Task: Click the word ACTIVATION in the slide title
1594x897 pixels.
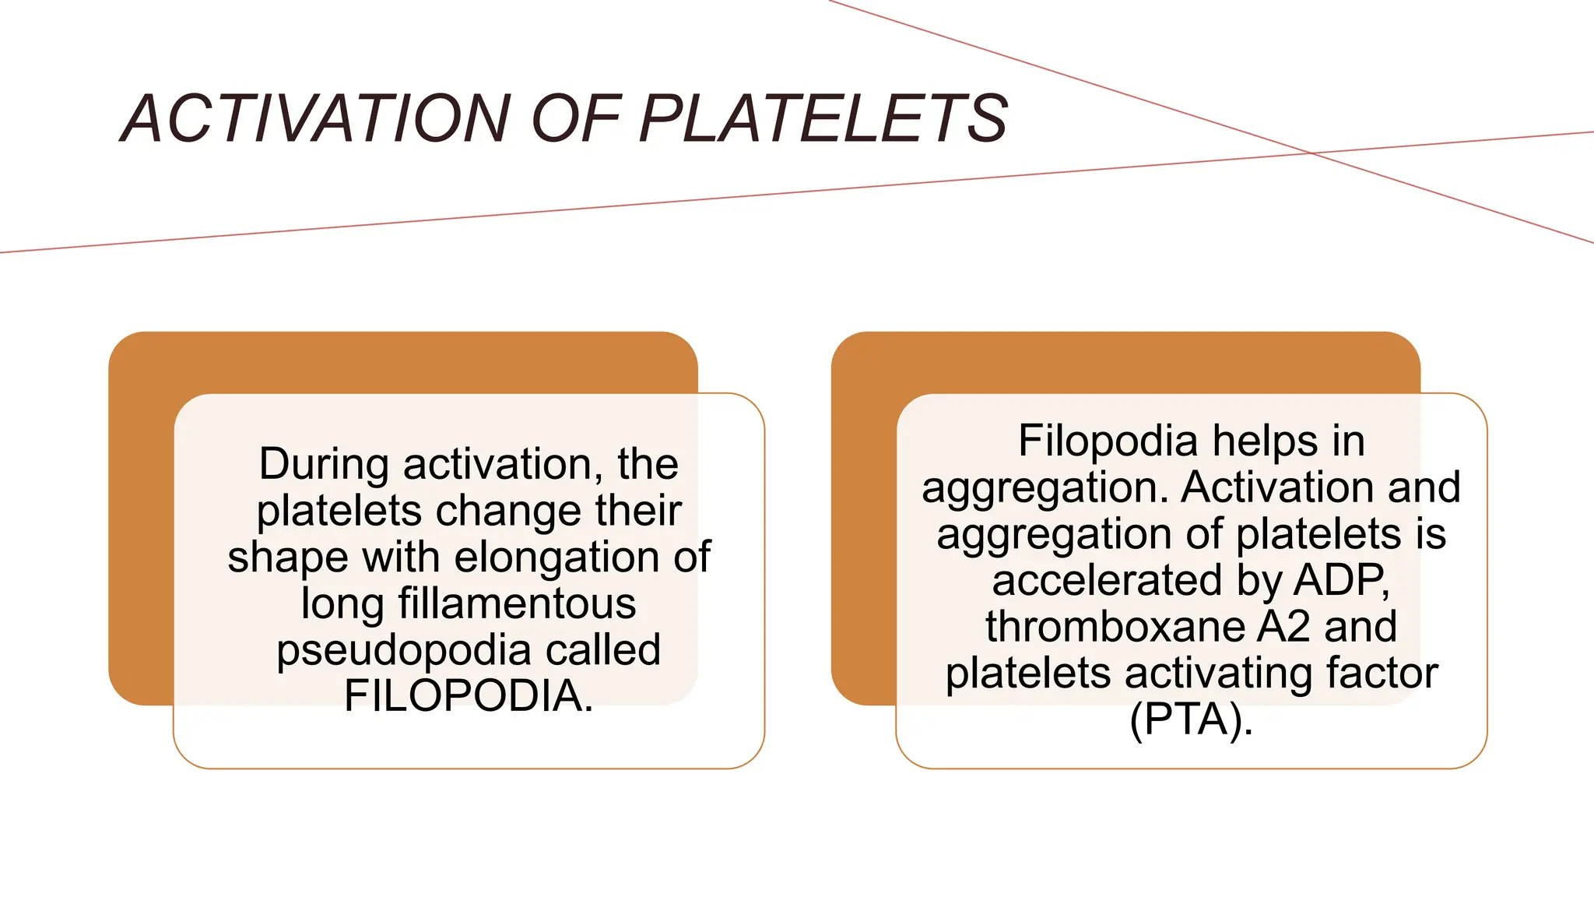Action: [x=316, y=119]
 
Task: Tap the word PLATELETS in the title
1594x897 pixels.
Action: [x=823, y=119]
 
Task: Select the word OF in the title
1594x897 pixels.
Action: [x=576, y=119]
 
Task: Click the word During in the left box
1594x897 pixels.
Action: [x=324, y=464]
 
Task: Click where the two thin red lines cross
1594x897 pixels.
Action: [x=1313, y=153]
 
